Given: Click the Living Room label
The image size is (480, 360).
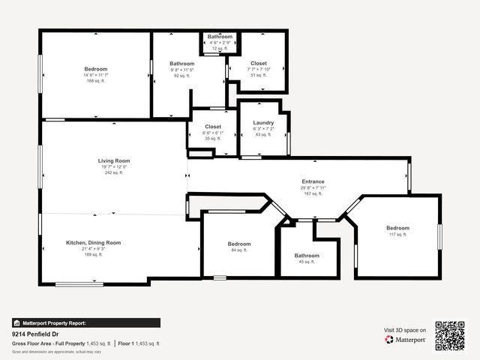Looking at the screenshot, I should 114,160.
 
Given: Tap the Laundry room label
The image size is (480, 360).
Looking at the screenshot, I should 263,122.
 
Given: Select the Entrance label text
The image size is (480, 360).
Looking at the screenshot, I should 313,181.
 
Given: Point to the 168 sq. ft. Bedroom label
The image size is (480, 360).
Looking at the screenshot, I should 96,69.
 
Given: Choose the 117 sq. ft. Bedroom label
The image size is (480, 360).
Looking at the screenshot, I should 397,228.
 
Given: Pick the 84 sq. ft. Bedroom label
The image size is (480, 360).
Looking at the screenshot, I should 238,244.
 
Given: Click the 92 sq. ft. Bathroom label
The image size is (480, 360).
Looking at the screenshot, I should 182,64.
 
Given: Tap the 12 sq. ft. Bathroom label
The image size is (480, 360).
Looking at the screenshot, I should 220,37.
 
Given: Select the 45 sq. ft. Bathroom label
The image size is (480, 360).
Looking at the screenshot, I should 307,256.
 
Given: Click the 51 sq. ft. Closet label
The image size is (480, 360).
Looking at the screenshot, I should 258,64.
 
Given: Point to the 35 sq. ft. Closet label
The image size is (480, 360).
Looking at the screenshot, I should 213,127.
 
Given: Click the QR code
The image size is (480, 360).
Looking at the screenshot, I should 450,335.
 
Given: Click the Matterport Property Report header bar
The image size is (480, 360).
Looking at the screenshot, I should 85,322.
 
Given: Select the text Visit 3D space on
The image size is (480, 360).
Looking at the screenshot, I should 405,330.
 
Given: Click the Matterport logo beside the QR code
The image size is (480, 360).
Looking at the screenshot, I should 406,340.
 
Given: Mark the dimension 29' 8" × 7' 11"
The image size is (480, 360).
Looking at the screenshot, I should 313,187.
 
